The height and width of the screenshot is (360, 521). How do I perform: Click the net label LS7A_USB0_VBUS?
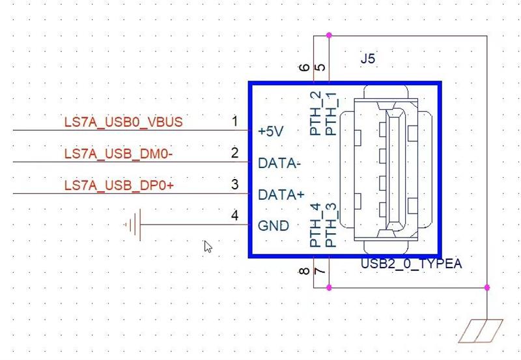pyautogui.click(x=123, y=122)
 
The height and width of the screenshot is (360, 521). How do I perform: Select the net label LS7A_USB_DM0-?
pyautogui.click(x=119, y=154)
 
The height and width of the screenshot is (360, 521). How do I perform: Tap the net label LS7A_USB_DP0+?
pyautogui.click(x=119, y=186)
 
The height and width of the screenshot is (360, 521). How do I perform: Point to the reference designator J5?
pyautogui.click(x=368, y=59)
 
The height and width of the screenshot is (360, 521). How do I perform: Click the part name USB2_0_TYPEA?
pyautogui.click(x=412, y=264)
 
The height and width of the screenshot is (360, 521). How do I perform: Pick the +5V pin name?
pyautogui.click(x=271, y=132)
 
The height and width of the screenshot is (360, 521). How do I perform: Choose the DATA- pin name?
pyautogui.click(x=279, y=163)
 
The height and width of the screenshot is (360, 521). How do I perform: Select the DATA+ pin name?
pyautogui.click(x=281, y=195)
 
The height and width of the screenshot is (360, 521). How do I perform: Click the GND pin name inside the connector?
pyautogui.click(x=274, y=226)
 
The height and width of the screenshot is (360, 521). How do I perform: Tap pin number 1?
pyautogui.click(x=235, y=121)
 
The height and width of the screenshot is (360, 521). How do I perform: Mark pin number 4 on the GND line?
pyautogui.click(x=234, y=215)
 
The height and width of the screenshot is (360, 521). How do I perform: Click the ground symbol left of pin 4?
pyautogui.click(x=134, y=225)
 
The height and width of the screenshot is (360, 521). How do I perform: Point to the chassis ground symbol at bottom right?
pyautogui.click(x=481, y=331)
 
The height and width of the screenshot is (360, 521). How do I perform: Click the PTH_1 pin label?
pyautogui.click(x=331, y=114)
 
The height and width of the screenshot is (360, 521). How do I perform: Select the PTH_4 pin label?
pyautogui.click(x=315, y=225)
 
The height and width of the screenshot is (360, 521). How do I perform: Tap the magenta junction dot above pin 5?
pyautogui.click(x=329, y=35)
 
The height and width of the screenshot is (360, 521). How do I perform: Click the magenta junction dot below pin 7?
pyautogui.click(x=329, y=288)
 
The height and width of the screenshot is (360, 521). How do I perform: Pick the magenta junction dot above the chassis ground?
pyautogui.click(x=487, y=288)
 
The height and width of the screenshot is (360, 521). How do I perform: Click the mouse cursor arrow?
pyautogui.click(x=208, y=247)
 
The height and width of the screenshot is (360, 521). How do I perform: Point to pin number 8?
pyautogui.click(x=304, y=271)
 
